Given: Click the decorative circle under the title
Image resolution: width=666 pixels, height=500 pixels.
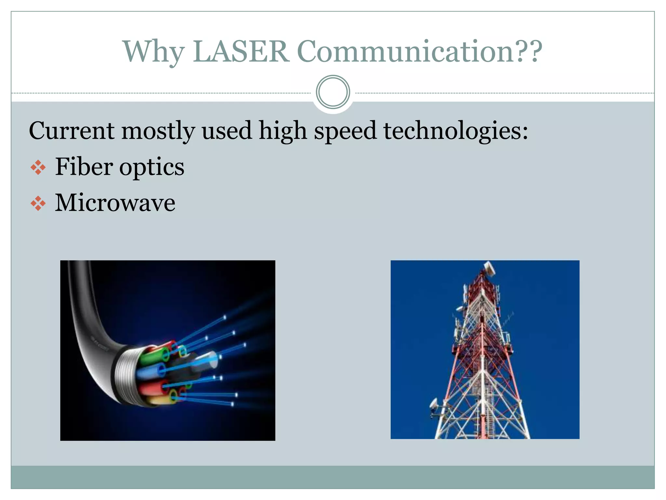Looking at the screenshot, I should click(333, 92).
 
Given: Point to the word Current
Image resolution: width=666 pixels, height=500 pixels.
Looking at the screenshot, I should click(72, 131).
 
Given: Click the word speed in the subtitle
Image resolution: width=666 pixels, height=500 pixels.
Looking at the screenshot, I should click(345, 131).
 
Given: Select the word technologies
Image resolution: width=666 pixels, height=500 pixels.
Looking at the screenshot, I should click(455, 131).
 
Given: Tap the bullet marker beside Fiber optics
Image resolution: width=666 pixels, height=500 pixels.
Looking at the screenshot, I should click(38, 167).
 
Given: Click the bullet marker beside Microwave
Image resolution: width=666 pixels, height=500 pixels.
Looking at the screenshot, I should click(38, 203).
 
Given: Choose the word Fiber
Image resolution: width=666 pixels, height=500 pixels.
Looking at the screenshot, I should click(84, 166).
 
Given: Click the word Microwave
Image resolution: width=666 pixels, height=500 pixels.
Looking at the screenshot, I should click(115, 203).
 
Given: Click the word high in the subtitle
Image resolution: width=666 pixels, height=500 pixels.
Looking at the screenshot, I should click(283, 131).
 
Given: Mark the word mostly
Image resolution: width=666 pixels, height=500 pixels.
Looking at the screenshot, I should click(158, 131).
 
